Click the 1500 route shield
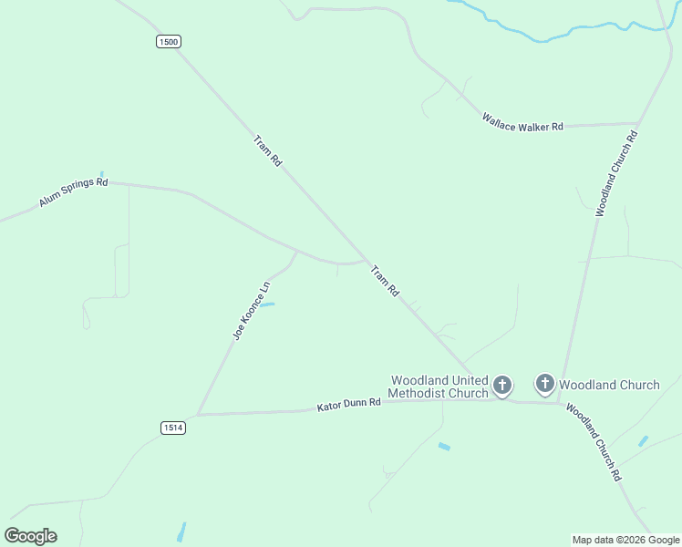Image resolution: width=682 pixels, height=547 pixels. point(168,41)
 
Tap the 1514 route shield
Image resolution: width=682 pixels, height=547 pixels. point(173,428)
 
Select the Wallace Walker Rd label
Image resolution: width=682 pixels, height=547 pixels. point(522,123)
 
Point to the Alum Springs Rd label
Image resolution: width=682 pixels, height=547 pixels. point(73,192)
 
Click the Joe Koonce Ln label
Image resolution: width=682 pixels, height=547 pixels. point(252,312)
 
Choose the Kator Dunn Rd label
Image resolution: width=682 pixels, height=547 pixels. point(348,405)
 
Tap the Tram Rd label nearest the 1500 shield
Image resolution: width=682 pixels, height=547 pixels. point(268,150)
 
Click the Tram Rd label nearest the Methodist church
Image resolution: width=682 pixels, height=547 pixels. point(385,281)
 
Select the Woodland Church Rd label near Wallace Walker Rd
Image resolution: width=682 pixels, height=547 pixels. point(616,173)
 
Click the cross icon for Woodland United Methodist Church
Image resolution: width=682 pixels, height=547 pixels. point(501,385)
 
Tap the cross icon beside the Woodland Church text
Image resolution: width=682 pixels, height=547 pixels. point(544,384)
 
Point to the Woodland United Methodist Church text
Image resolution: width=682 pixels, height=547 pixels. point(439,387)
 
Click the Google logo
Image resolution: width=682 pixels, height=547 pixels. point(31,536)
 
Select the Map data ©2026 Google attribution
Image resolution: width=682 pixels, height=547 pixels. point(625,540)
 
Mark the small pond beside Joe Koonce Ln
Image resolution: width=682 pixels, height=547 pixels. point(268,304)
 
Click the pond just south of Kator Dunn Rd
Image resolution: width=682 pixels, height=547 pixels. point(444,447)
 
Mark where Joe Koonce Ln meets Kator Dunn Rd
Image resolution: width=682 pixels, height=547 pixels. point(198,415)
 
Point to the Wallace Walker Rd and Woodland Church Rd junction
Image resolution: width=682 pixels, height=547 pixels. point(637,123)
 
